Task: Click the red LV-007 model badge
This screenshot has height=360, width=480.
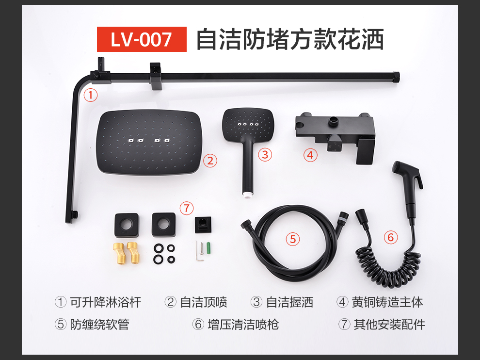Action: (142, 39)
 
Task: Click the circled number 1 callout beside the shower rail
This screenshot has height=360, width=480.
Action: (91, 95)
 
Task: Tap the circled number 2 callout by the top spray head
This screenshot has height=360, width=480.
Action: (210, 161)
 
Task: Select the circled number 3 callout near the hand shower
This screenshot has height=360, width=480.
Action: (265, 155)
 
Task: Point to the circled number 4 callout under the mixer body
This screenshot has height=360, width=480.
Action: (310, 155)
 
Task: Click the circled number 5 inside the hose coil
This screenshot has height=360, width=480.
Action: (293, 239)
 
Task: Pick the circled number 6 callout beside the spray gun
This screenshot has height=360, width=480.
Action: (391, 237)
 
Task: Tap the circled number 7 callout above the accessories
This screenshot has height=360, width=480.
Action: (187, 209)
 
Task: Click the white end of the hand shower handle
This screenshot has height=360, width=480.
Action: (247, 194)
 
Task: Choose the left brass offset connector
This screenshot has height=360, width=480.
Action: (119, 253)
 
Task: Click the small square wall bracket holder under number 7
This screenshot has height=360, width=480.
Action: (203, 225)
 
